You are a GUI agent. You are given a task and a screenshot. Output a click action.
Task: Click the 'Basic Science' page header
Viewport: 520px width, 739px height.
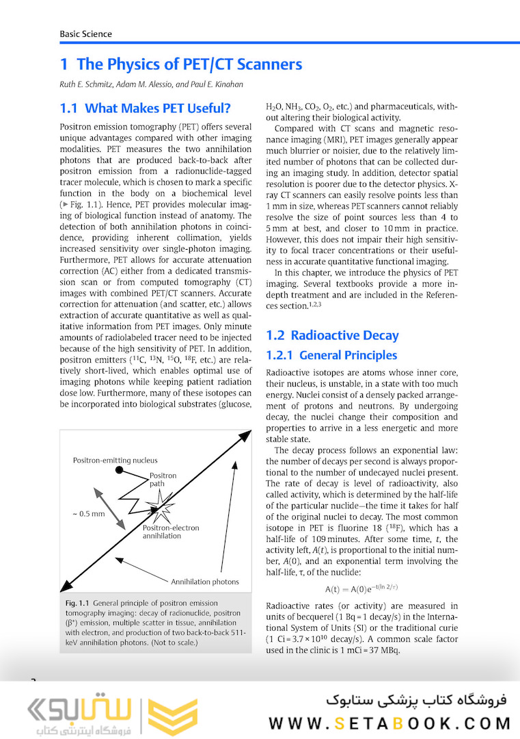(x=85, y=34)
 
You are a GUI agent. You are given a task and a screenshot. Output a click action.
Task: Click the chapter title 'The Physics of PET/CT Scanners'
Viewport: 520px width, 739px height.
(x=189, y=64)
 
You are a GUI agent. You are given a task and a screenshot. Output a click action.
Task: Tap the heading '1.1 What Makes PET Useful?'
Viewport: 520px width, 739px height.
(x=145, y=108)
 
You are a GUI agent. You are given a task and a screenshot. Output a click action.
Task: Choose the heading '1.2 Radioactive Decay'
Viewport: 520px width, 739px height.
(x=332, y=335)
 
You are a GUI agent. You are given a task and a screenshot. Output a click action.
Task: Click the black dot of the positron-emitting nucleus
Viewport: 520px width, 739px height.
(x=119, y=470)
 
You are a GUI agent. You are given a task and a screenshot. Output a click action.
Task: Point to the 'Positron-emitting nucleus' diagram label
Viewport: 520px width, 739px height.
(x=115, y=461)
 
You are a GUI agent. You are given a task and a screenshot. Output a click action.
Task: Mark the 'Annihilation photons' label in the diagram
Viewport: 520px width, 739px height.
(x=204, y=582)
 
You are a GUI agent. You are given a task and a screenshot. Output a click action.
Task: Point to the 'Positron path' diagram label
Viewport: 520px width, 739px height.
(x=163, y=480)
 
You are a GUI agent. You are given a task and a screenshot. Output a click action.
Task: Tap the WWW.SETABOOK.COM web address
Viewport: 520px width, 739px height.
(x=389, y=723)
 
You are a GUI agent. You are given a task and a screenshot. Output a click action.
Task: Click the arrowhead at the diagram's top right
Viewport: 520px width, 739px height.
(x=244, y=435)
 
